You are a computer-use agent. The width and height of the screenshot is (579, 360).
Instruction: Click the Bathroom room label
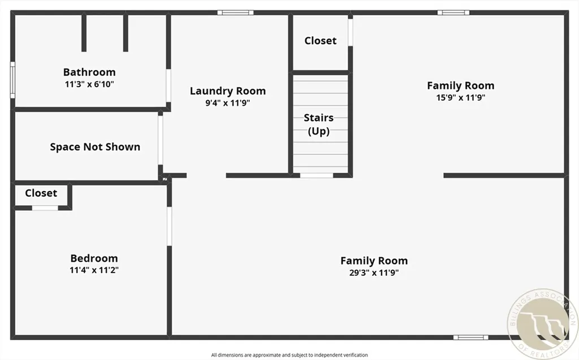89,72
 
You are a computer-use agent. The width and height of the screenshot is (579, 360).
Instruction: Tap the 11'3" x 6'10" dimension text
89,84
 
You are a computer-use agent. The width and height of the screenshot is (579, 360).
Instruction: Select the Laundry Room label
227,91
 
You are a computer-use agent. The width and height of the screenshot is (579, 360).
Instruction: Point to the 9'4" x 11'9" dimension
227,103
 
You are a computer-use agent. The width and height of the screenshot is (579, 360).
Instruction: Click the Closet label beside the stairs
320,41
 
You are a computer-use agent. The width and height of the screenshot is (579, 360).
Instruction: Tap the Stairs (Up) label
318,124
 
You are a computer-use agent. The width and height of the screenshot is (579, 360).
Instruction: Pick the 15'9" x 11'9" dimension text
460,97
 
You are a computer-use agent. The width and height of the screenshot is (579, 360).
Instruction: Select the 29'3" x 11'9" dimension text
374,272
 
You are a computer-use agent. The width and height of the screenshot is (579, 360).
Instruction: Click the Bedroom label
94,258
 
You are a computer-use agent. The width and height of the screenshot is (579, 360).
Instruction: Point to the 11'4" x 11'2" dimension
94,270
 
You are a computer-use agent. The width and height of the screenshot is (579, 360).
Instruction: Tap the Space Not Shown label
95,147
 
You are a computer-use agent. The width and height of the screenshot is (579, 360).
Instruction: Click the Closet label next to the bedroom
41,193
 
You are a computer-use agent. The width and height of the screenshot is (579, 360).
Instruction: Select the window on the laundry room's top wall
235,12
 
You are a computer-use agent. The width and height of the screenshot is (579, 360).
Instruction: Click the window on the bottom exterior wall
470,337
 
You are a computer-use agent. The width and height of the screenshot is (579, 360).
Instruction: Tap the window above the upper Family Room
453,12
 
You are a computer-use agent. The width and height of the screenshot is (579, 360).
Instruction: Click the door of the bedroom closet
45,208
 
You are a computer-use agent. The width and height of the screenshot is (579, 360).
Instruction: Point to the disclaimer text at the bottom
289,355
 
